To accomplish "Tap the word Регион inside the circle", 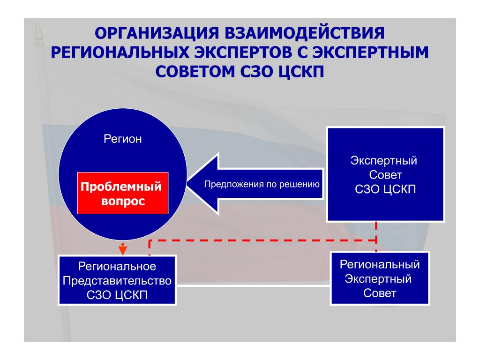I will [x=122, y=139].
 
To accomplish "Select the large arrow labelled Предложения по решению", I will [x=253, y=184].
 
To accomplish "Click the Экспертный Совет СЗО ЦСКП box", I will [x=385, y=174].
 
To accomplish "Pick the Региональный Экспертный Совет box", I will [x=379, y=278].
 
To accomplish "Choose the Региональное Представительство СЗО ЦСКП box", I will [x=117, y=280].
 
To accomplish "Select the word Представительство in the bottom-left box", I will [x=117, y=281].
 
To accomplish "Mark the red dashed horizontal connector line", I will [x=262, y=240].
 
